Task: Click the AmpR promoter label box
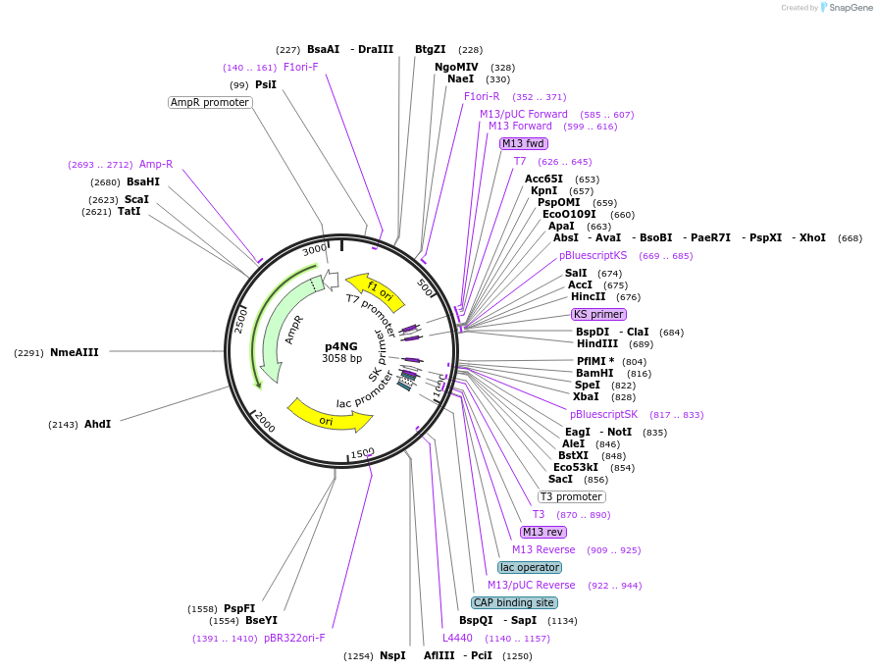pos(210,102)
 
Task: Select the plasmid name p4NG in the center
pos(341,346)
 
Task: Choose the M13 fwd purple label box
pos(524,143)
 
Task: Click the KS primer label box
pos(598,314)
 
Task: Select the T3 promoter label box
pos(572,496)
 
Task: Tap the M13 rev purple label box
pos(543,532)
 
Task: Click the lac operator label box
pos(530,567)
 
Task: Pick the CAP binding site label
pos(514,602)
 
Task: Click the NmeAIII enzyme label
pos(75,352)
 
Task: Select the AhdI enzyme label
pos(97,424)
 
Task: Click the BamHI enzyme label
pos(593,373)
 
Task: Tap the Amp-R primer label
pos(156,164)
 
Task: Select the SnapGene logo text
pos(847,8)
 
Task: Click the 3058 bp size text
pos(341,359)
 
